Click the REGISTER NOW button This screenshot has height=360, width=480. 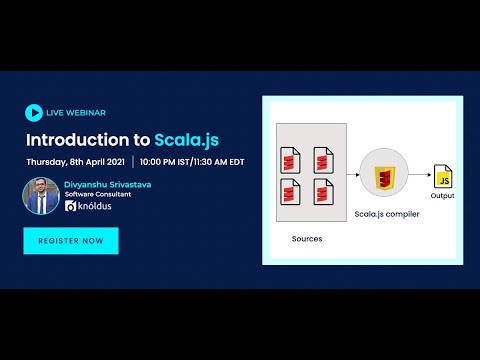(x=71, y=241)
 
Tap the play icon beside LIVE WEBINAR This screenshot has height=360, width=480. (x=33, y=113)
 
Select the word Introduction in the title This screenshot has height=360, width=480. (x=88, y=138)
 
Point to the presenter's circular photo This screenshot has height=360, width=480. (x=40, y=195)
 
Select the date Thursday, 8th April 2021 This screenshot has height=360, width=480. (x=77, y=161)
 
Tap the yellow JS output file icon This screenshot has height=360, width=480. (x=442, y=179)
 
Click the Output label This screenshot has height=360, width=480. (x=442, y=196)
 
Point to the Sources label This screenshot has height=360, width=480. (x=307, y=239)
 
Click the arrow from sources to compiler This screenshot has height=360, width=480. (x=352, y=175)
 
